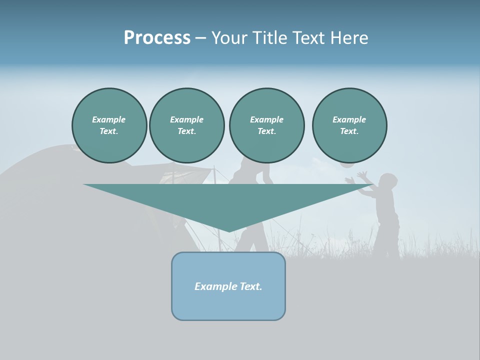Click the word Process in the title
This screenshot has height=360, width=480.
(x=157, y=38)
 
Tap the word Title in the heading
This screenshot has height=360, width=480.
(x=271, y=38)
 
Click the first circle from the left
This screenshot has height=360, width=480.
(x=109, y=125)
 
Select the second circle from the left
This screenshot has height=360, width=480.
(x=186, y=125)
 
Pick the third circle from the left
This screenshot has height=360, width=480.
(x=266, y=125)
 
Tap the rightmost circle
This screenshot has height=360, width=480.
(x=349, y=125)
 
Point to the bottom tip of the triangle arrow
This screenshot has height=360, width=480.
(x=229, y=231)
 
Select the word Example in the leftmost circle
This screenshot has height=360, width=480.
(x=109, y=119)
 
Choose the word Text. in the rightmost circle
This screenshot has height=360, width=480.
(x=349, y=131)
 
